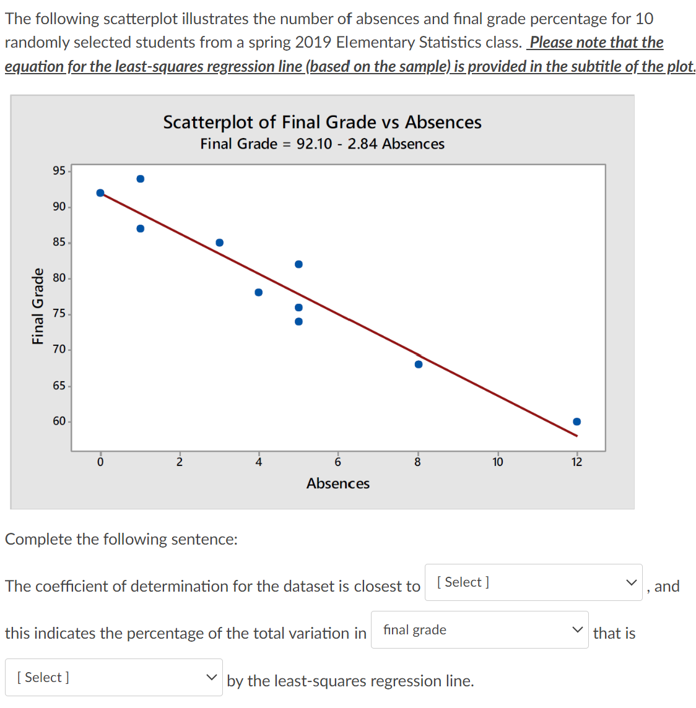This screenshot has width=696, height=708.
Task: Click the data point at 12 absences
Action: tap(576, 421)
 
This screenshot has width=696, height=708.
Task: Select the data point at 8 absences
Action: tap(419, 364)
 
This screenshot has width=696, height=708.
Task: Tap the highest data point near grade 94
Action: tap(141, 179)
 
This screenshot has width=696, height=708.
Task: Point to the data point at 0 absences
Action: tap(100, 193)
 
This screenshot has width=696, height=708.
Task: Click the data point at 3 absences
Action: tap(219, 243)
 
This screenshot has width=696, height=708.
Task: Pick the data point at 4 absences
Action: tap(258, 292)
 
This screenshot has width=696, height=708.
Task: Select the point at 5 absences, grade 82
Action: tap(298, 264)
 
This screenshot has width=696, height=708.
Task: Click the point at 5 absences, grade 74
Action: tap(298, 321)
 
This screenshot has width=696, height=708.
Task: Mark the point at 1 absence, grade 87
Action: tap(141, 228)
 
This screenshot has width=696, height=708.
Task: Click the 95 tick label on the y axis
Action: tap(59, 171)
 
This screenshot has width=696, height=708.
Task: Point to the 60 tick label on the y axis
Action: tap(59, 421)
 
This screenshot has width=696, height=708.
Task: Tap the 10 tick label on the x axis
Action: tap(498, 462)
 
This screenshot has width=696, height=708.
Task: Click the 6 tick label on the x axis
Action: tap(338, 462)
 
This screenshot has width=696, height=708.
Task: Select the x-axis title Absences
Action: tap(338, 483)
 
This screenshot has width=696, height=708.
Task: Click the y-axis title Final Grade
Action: tap(38, 306)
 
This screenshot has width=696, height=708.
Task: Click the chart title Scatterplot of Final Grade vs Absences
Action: tap(322, 122)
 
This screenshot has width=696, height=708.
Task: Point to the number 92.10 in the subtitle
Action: tap(314, 144)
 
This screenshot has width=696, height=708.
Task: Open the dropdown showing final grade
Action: tap(480, 630)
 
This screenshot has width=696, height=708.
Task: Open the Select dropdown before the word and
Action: tap(533, 582)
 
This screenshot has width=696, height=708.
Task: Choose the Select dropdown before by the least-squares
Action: tap(114, 677)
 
